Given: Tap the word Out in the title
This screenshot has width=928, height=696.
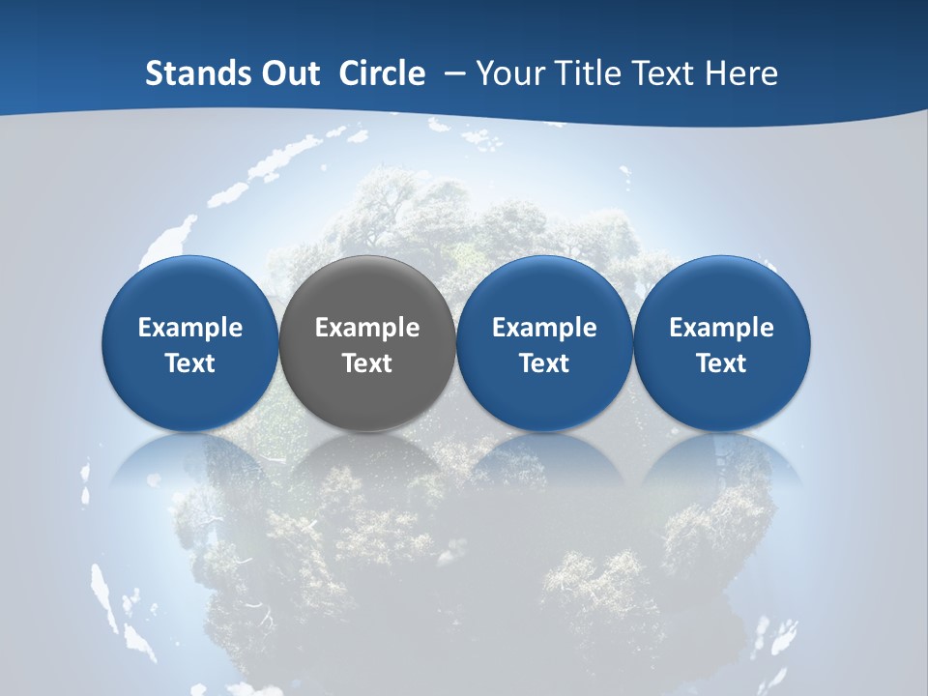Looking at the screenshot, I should [x=288, y=73].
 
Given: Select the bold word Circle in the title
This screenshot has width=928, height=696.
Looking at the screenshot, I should [x=382, y=73].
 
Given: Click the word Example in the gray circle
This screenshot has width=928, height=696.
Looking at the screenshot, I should [x=367, y=328].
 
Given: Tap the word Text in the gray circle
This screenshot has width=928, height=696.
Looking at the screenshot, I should [x=367, y=363].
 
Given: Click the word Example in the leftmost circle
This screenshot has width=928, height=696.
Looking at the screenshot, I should [x=190, y=328].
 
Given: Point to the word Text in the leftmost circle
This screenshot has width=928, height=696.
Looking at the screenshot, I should [x=190, y=363].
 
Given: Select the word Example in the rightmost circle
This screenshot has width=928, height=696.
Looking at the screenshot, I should [x=722, y=328].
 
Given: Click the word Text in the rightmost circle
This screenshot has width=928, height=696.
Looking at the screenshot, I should [x=722, y=363].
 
